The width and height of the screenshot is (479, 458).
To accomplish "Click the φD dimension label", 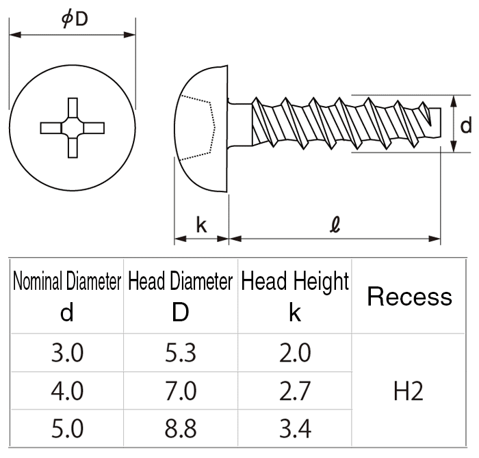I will click(75, 19).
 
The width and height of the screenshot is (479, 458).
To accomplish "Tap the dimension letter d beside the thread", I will click(465, 125).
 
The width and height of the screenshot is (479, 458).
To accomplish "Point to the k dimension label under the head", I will click(201, 226).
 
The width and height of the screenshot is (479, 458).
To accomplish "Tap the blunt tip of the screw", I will click(432, 120).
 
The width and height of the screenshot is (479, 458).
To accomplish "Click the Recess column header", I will click(409, 297).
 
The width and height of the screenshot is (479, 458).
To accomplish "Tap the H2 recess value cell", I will click(409, 391).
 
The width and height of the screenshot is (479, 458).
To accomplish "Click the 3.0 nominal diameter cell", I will click(66, 353).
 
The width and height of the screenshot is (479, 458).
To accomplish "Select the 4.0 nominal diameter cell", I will click(66, 391).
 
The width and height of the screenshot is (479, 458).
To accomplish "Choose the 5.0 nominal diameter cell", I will click(66, 429).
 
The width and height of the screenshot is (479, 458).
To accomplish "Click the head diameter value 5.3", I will click(181, 353).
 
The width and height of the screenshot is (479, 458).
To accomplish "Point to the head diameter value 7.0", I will click(181, 391).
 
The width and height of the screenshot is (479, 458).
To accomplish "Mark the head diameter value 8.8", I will click(181, 429).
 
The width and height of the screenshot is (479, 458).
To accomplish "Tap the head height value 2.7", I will click(295, 391).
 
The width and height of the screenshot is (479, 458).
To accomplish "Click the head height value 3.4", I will click(295, 429).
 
